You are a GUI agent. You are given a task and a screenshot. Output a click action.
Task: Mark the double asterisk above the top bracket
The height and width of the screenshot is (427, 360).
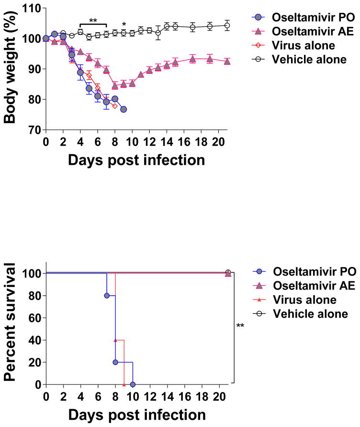93,21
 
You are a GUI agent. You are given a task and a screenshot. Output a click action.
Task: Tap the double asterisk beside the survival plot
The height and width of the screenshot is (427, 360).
240,326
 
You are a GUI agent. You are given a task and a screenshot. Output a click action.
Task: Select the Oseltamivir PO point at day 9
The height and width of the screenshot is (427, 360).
124,109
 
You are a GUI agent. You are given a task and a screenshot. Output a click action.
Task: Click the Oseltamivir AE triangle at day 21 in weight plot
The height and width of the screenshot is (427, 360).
227,61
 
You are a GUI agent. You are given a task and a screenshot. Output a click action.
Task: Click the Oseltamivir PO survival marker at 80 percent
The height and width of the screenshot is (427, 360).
107,295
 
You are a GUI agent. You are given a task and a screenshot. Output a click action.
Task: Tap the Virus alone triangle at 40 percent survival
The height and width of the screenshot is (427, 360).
115,340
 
